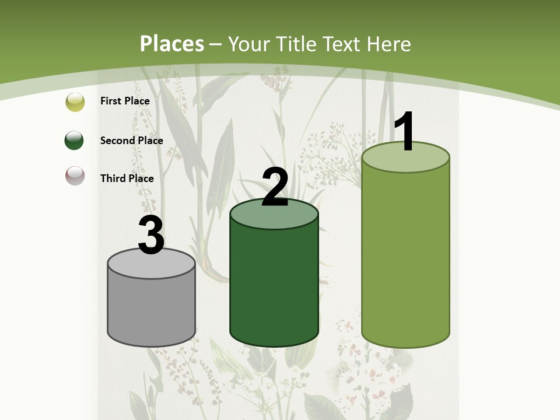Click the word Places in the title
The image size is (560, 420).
pos(172,44)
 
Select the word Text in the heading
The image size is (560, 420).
pos(341,44)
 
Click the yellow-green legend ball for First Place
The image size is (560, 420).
pos(75,102)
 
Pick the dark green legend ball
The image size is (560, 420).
pos(74,141)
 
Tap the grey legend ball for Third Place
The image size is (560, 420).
pos(75,176)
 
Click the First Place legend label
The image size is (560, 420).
pos(125,101)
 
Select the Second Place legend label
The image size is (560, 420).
pos(131,140)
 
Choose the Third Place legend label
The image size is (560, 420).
pos(127,178)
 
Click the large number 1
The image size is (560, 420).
pos(405,132)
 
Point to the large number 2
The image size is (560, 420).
pos(275,187)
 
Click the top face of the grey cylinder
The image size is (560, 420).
pos(152,266)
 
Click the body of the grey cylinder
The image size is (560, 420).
pos(152,309)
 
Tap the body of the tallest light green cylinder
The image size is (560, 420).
pos(405,257)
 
